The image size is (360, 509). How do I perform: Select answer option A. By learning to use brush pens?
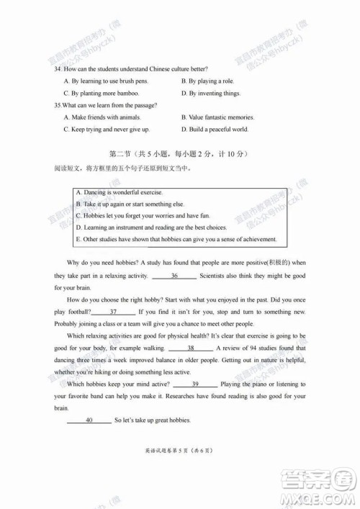(x=105, y=81)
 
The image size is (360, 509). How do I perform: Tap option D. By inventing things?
(x=210, y=94)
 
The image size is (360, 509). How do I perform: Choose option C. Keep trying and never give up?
(x=107, y=130)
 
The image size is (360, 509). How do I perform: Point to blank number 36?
(x=174, y=276)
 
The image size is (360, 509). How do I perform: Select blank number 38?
(x=190, y=348)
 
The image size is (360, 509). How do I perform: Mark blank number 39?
(x=195, y=384)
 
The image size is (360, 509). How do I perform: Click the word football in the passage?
(x=78, y=312)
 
